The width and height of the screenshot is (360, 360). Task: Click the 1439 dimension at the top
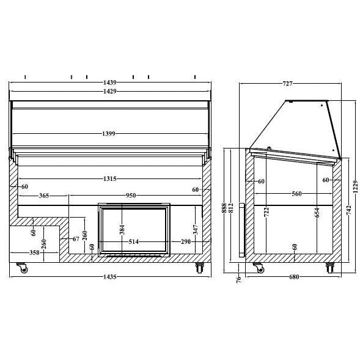tap(110, 82)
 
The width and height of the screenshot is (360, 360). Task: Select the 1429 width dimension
tap(110, 91)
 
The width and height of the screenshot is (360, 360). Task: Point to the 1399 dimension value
tap(110, 133)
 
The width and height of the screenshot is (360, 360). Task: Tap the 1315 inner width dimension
tap(110, 178)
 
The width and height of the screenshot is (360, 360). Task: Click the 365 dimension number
tap(44, 196)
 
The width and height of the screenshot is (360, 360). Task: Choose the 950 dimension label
tap(131, 196)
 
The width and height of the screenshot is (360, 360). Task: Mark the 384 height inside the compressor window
tap(122, 229)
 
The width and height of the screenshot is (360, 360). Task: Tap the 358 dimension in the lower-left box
tap(34, 252)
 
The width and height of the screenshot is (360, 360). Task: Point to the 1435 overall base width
tap(110, 277)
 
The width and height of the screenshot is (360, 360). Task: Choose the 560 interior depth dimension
tap(296, 194)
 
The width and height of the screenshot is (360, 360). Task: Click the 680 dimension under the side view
tap(294, 277)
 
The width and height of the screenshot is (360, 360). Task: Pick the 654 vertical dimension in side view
tap(317, 212)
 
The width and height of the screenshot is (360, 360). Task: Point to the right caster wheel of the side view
tap(330, 268)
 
